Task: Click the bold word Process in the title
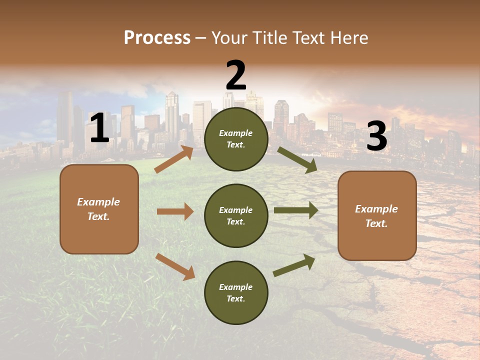pyautogui.click(x=157, y=37)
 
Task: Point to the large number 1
pyautogui.click(x=99, y=128)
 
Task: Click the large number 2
pyautogui.click(x=236, y=75)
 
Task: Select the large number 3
pyautogui.click(x=376, y=136)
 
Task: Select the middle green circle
pyautogui.click(x=236, y=235)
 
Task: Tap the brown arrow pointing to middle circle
pyautogui.click(x=175, y=211)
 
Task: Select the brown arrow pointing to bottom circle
pyautogui.click(x=175, y=266)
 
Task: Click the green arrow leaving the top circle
pyautogui.click(x=297, y=160)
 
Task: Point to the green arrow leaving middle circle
pyautogui.click(x=296, y=210)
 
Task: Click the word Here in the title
pyautogui.click(x=348, y=37)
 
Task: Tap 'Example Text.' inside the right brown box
pyautogui.click(x=376, y=216)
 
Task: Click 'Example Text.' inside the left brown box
pyautogui.click(x=98, y=209)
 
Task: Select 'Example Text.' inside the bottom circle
pyautogui.click(x=236, y=293)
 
